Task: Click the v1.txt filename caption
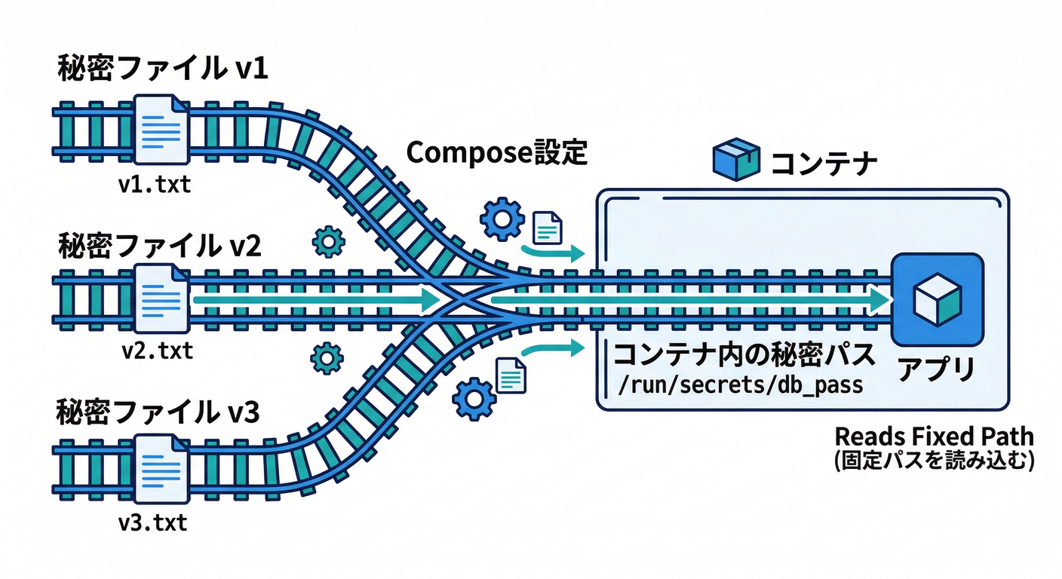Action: (x=155, y=184)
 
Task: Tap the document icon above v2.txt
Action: (x=161, y=298)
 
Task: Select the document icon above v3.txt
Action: (x=161, y=468)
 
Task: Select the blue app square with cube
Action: (x=936, y=299)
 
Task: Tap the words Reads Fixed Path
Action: (x=934, y=437)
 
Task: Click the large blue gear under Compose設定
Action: (x=502, y=219)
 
